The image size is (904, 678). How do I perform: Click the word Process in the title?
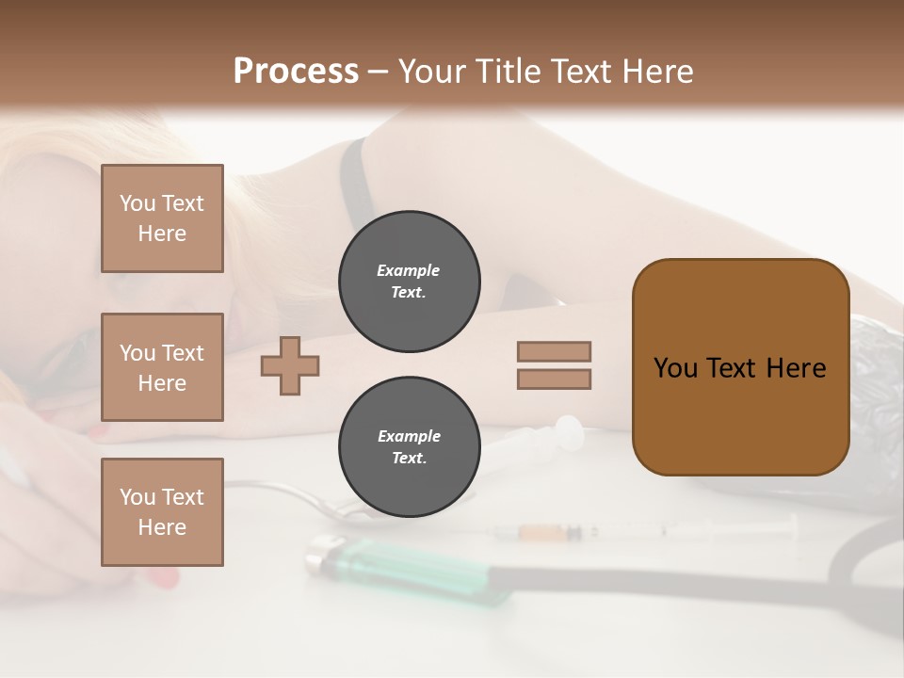click(x=296, y=72)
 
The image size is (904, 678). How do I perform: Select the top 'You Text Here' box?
click(x=162, y=218)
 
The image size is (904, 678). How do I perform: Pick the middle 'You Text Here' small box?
click(x=162, y=367)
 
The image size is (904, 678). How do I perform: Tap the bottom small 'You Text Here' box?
click(x=162, y=512)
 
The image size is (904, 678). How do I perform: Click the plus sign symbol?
click(x=290, y=365)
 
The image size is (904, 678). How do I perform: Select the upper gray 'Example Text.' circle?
click(x=409, y=281)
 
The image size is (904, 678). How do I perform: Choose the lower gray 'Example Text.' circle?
click(x=409, y=446)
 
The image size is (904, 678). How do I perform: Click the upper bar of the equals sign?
click(x=554, y=351)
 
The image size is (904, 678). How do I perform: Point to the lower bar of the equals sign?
click(x=554, y=379)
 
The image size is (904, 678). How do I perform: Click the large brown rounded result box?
click(x=740, y=367)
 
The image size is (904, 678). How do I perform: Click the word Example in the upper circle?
click(x=409, y=270)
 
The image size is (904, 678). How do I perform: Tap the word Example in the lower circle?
click(x=409, y=436)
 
